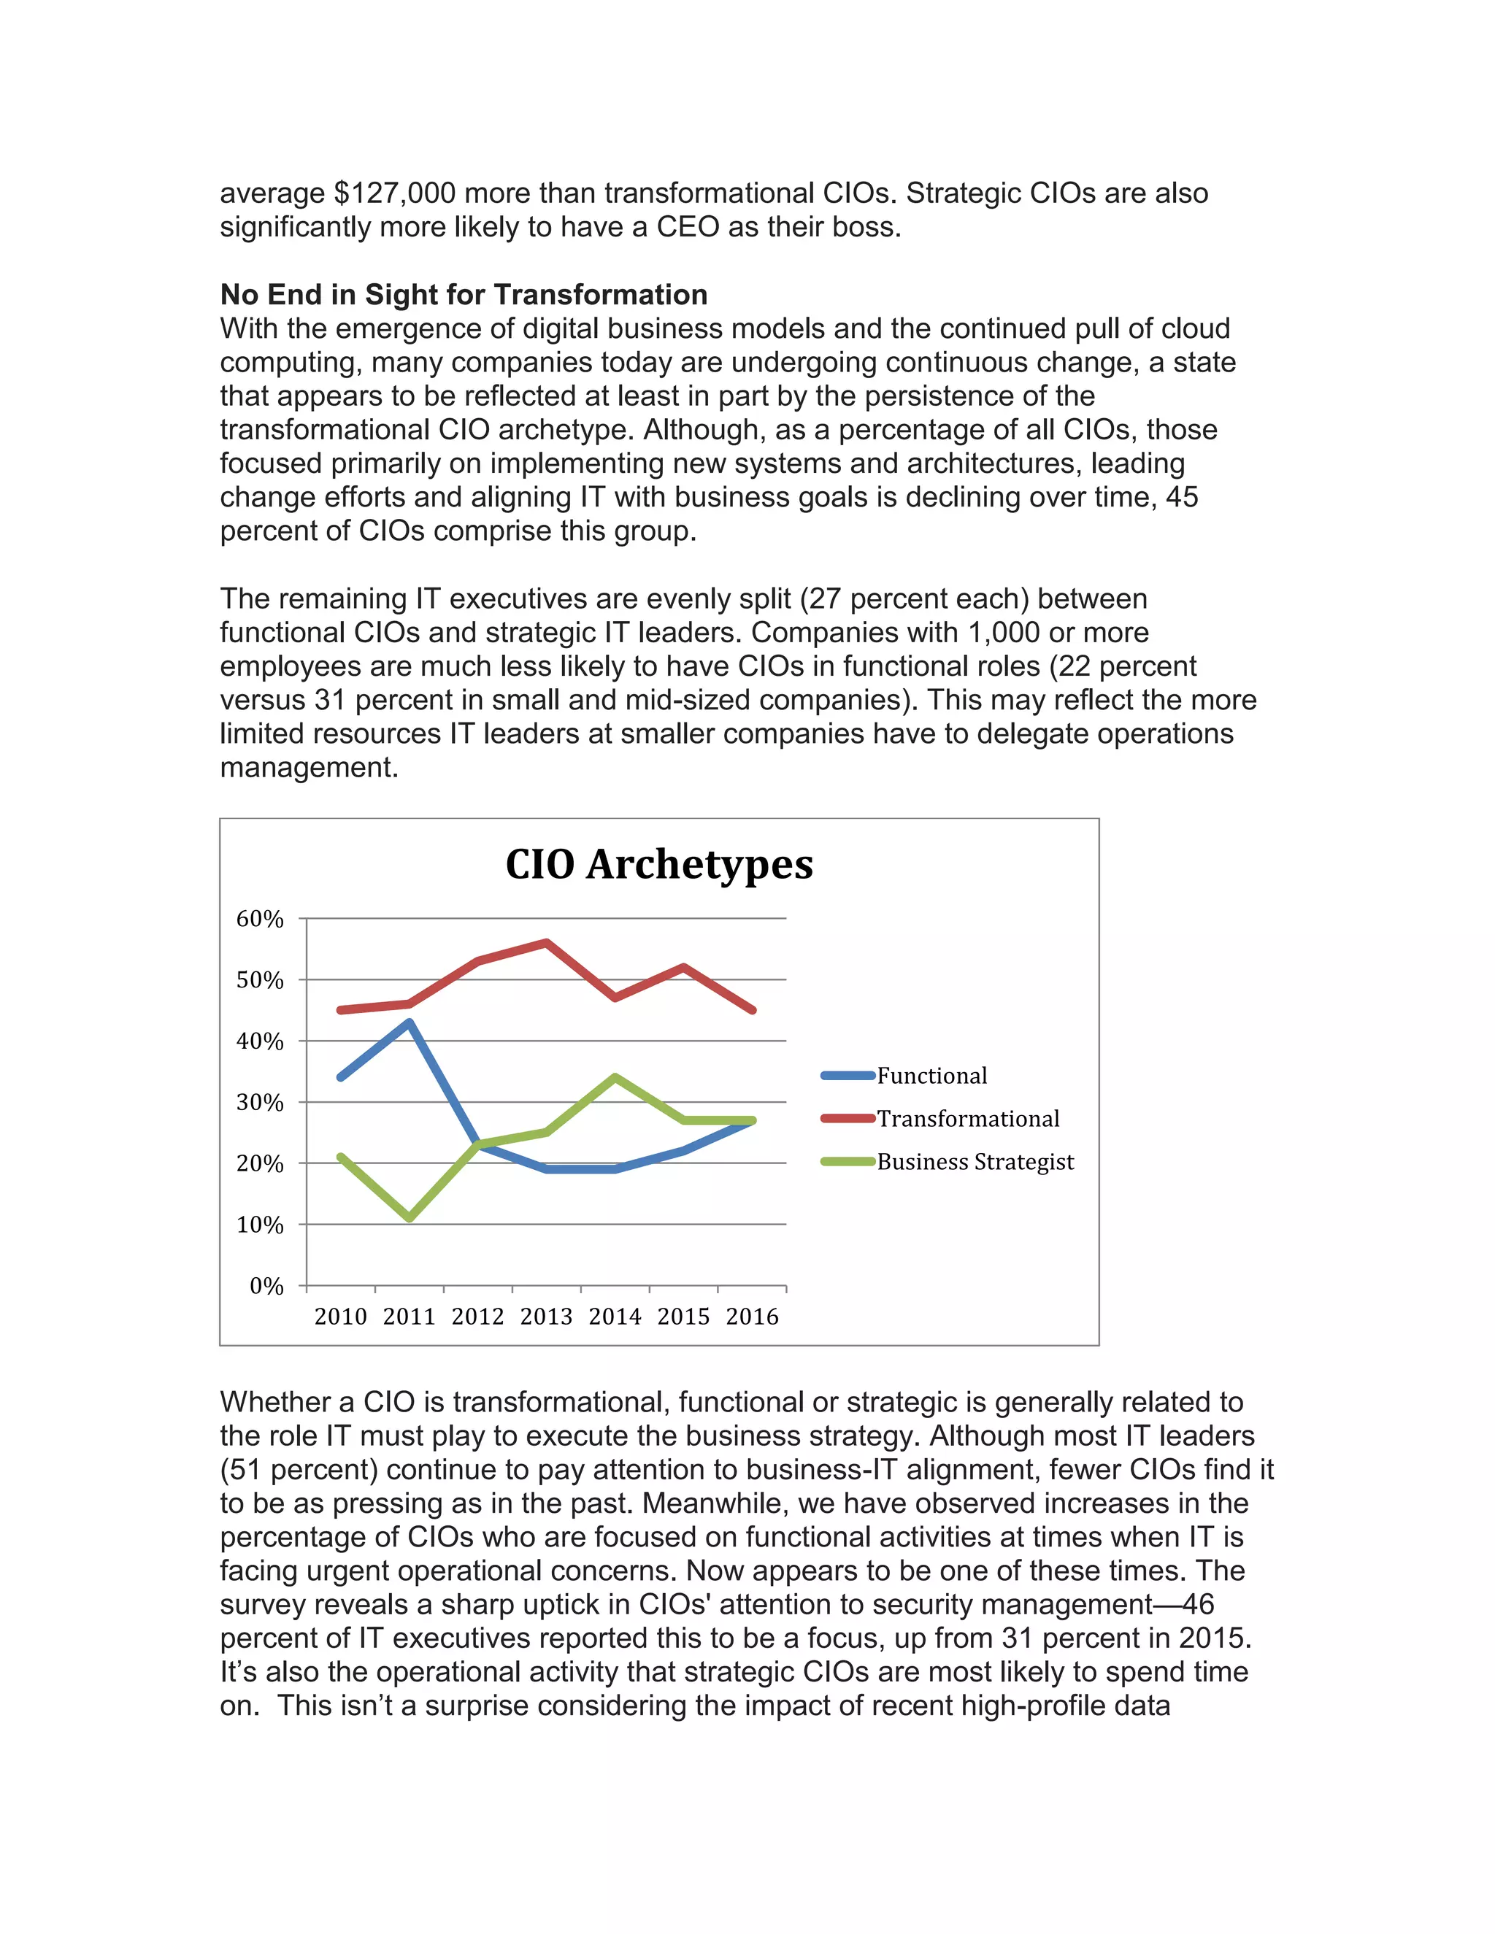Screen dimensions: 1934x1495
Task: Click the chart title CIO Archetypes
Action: (659, 864)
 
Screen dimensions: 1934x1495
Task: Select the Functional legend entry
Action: (931, 1076)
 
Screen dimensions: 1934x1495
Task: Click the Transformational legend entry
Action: (967, 1118)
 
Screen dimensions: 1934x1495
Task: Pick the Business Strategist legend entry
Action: (975, 1162)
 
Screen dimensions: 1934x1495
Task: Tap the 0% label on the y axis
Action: (266, 1286)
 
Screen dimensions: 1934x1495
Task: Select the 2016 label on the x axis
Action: (752, 1317)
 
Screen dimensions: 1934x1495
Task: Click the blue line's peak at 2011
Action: (410, 1022)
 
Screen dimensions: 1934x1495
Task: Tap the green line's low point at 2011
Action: (410, 1219)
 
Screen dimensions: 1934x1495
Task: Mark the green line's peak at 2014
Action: (615, 1078)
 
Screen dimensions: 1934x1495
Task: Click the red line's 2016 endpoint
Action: (752, 1009)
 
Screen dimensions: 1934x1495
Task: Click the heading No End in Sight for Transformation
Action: (464, 294)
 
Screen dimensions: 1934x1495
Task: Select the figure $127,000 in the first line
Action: (394, 193)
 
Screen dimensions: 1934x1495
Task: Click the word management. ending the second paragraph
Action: (309, 767)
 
